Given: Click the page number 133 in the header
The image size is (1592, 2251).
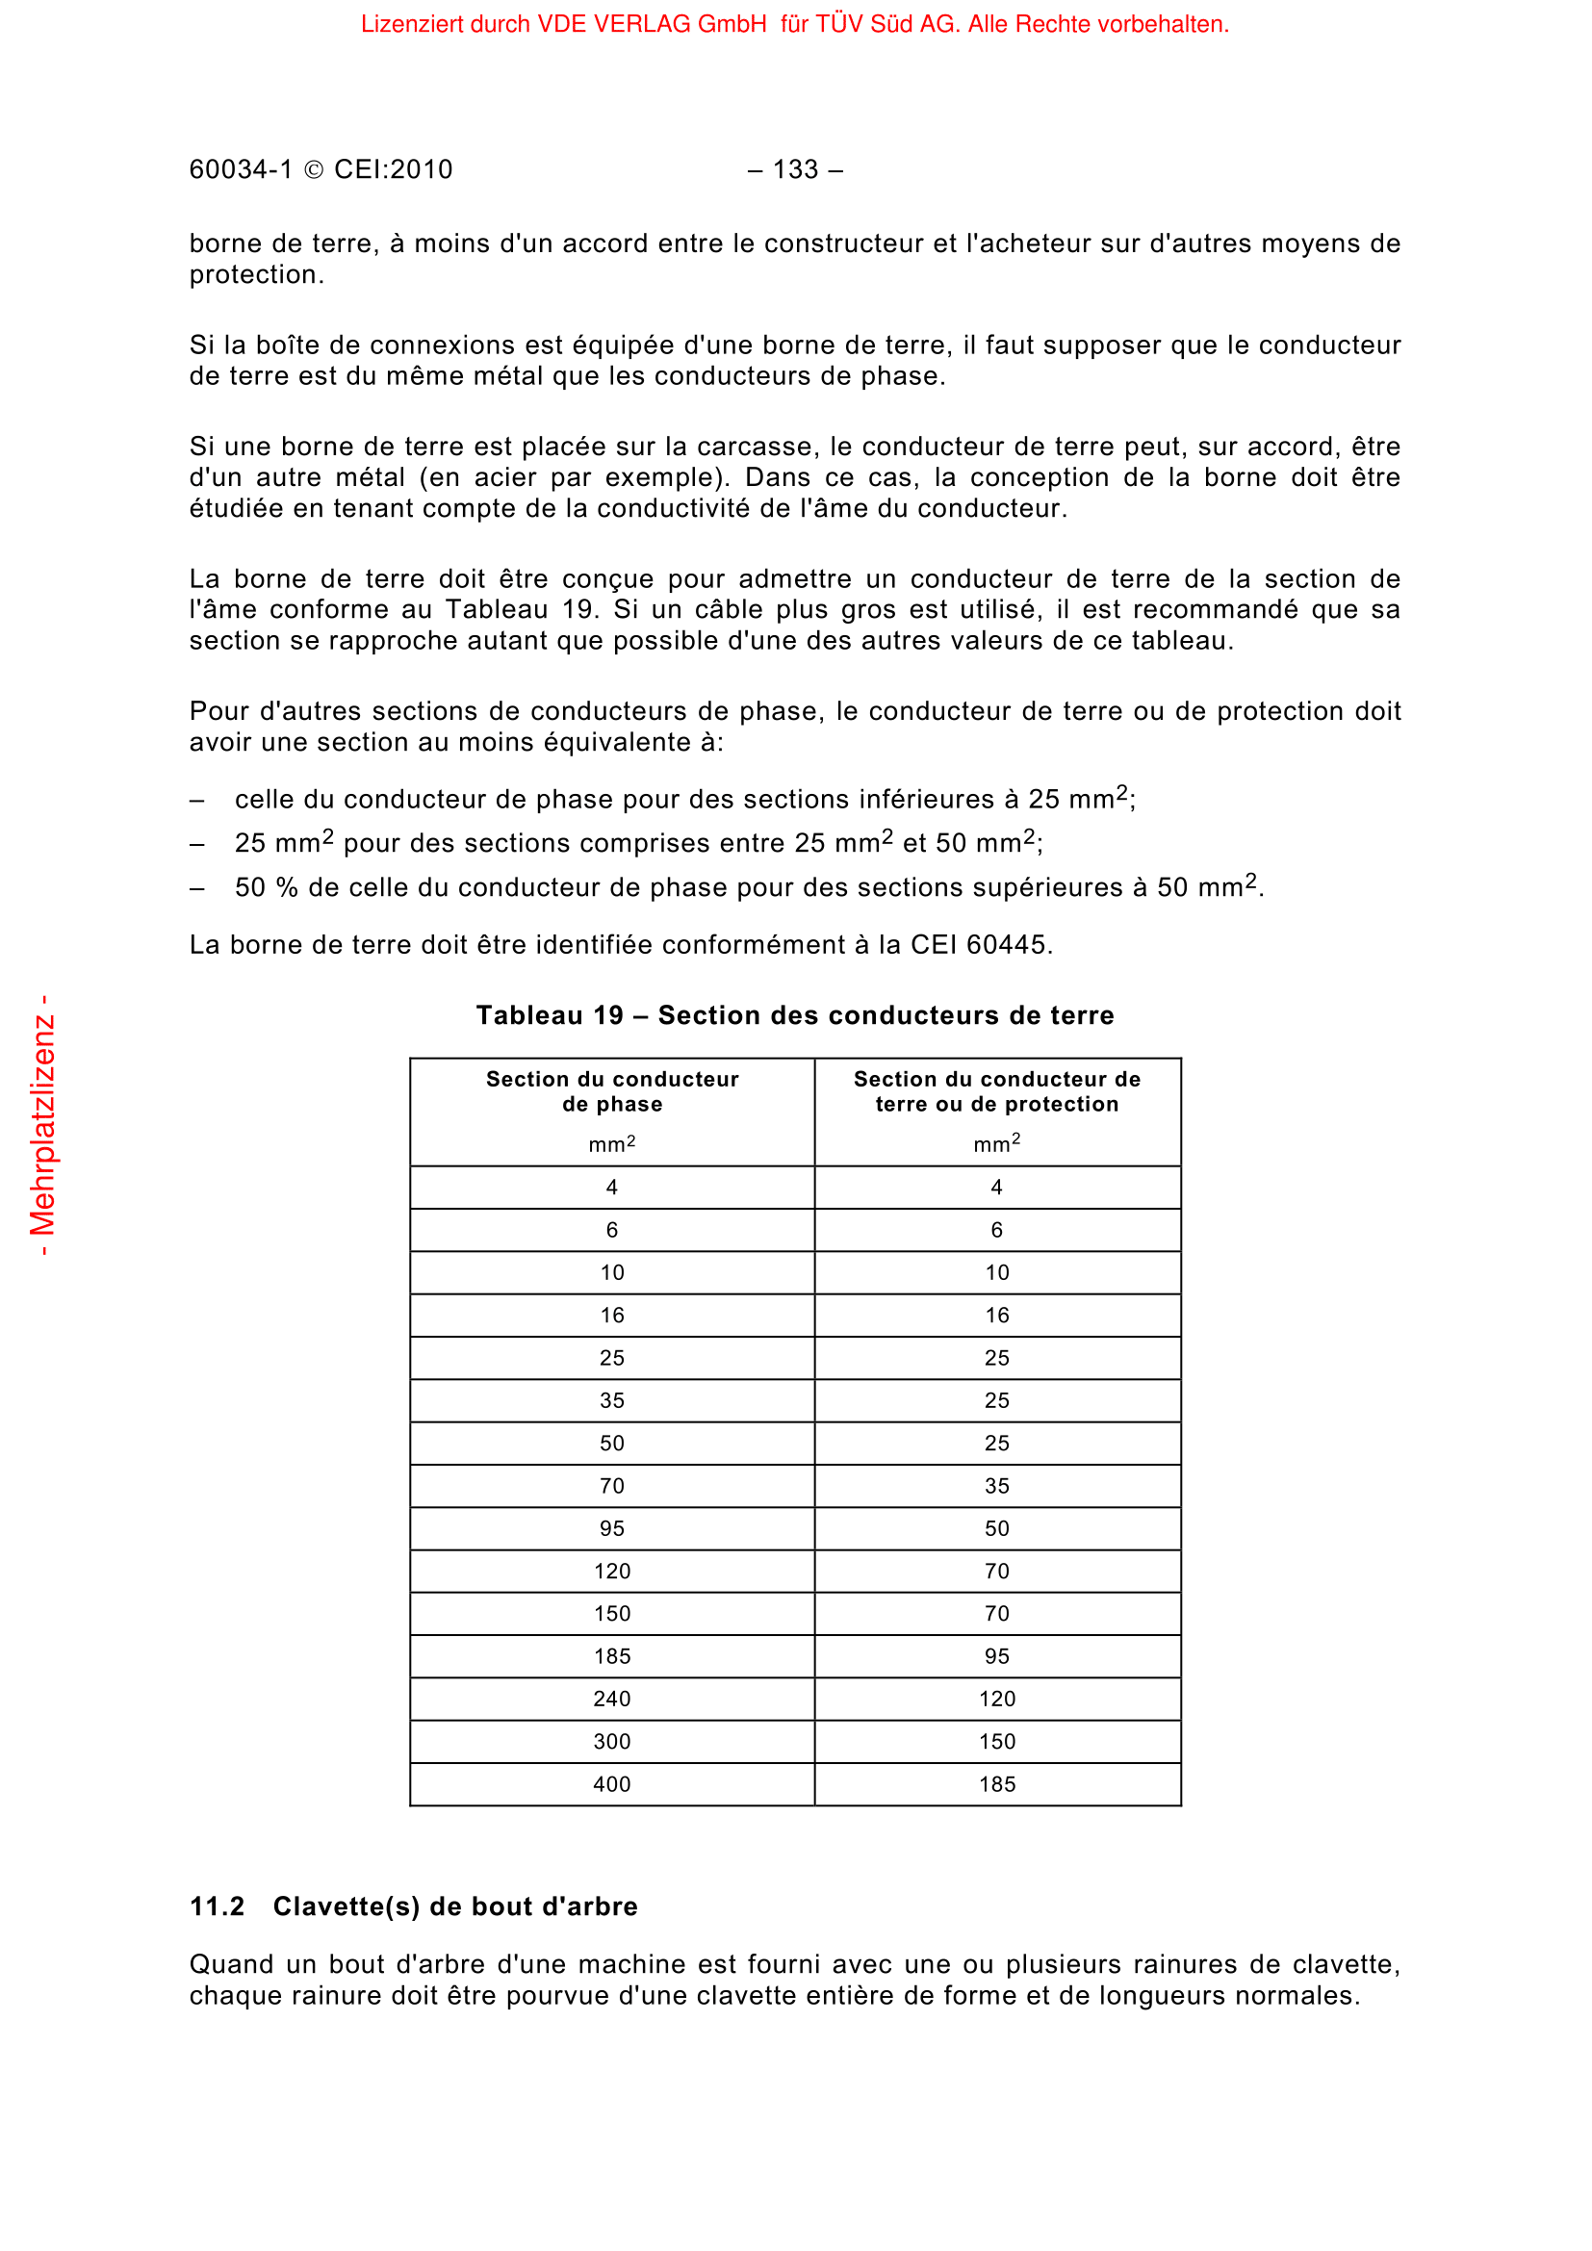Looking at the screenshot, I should click(795, 169).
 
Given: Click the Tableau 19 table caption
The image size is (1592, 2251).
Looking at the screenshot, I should click(795, 1015).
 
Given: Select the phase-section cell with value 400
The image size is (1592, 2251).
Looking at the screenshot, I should click(612, 1784).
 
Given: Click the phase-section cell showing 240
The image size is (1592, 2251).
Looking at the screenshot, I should click(612, 1699).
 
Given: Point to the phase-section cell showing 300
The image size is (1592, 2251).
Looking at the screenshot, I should click(612, 1742).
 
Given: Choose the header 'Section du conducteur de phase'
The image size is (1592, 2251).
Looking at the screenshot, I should click(612, 1091).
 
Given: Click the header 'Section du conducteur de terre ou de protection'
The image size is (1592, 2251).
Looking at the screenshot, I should click(997, 1091).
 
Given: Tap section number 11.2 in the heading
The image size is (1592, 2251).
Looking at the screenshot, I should click(217, 1906).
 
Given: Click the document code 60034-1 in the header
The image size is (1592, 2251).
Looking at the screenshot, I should click(242, 169).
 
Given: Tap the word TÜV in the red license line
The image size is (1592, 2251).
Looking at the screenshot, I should click(838, 24).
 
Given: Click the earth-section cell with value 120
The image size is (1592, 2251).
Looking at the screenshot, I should click(997, 1699).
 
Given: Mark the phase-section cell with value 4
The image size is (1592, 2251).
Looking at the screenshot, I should click(612, 1188).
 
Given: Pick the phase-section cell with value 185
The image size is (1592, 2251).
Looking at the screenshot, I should click(612, 1657).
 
